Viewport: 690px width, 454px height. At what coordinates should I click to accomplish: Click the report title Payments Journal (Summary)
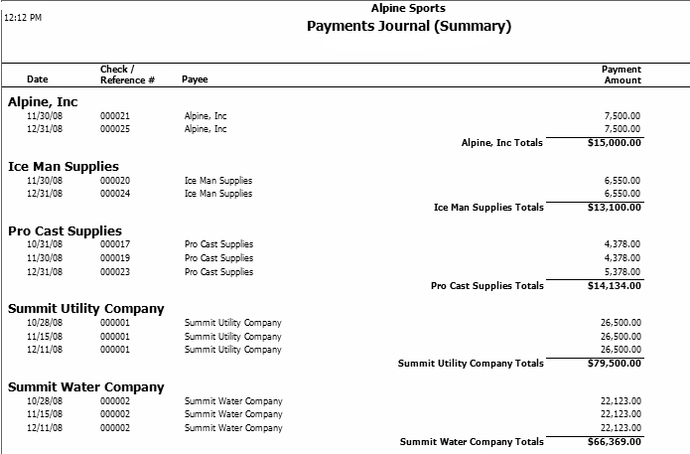click(x=408, y=27)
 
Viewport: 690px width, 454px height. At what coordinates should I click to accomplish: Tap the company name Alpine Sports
click(x=408, y=8)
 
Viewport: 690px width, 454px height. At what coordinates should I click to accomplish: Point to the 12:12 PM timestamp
click(x=23, y=18)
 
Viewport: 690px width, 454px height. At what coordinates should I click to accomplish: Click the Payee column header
click(x=195, y=79)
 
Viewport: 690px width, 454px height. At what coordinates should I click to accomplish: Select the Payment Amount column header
click(x=621, y=75)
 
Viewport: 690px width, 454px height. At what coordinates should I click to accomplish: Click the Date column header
click(x=37, y=79)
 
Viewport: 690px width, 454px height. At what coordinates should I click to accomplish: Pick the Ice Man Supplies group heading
click(x=64, y=166)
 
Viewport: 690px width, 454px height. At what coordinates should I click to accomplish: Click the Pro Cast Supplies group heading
click(x=65, y=230)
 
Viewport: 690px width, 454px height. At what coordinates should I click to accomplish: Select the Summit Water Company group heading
click(x=85, y=387)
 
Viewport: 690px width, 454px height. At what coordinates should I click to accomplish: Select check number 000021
click(x=115, y=116)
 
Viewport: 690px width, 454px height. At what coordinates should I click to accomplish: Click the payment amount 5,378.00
click(x=621, y=271)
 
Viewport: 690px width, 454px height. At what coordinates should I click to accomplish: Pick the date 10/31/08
click(x=45, y=244)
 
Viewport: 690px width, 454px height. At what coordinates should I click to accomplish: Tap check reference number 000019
click(x=115, y=258)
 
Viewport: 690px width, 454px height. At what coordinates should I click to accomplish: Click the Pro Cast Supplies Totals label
click(x=487, y=286)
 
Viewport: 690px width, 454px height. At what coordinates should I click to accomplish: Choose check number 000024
click(x=115, y=194)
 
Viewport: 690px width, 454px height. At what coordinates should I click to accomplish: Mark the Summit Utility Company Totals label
click(x=471, y=364)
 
